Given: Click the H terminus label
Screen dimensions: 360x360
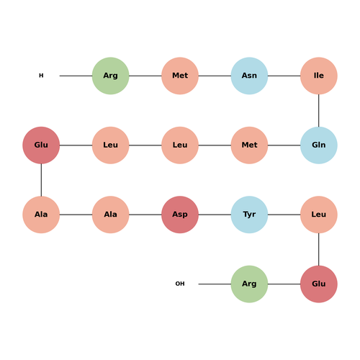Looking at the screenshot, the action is (41, 76).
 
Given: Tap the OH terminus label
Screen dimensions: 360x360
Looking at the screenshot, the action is (180, 284).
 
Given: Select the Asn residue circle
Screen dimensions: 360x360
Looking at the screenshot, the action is (249, 76).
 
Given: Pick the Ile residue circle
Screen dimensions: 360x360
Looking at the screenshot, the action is (319, 76).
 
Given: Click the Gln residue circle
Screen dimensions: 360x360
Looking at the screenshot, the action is (319, 145).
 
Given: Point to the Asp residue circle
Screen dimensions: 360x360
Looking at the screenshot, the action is (180, 215).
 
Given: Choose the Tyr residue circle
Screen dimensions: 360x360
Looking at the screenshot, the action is (249, 215).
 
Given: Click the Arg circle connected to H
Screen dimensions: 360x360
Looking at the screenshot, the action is (111, 76).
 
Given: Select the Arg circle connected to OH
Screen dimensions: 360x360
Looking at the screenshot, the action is (249, 284).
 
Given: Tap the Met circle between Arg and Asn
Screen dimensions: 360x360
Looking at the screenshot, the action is (180, 76).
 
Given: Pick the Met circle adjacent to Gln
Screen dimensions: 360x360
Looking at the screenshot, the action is (249, 145).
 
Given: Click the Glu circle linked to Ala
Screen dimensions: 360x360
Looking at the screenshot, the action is (41, 145).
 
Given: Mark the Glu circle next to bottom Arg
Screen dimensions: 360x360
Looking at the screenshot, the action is (319, 284).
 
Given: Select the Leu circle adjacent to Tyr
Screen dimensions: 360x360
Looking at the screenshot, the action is (319, 215).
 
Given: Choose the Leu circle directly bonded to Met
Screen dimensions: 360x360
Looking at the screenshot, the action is (180, 145).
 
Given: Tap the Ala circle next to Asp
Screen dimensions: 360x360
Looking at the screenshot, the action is (111, 215).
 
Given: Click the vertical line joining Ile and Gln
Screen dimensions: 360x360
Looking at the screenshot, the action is (319, 110).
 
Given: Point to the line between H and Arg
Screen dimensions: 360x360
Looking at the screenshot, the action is (76, 76).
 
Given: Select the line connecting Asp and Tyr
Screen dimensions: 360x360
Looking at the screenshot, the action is (215, 215).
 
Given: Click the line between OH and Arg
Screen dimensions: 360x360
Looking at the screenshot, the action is (215, 284).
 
